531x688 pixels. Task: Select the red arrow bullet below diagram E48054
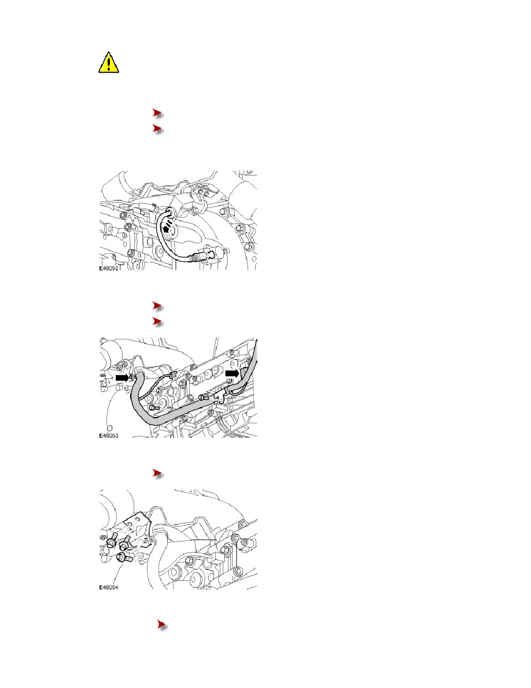coord(163,625)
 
